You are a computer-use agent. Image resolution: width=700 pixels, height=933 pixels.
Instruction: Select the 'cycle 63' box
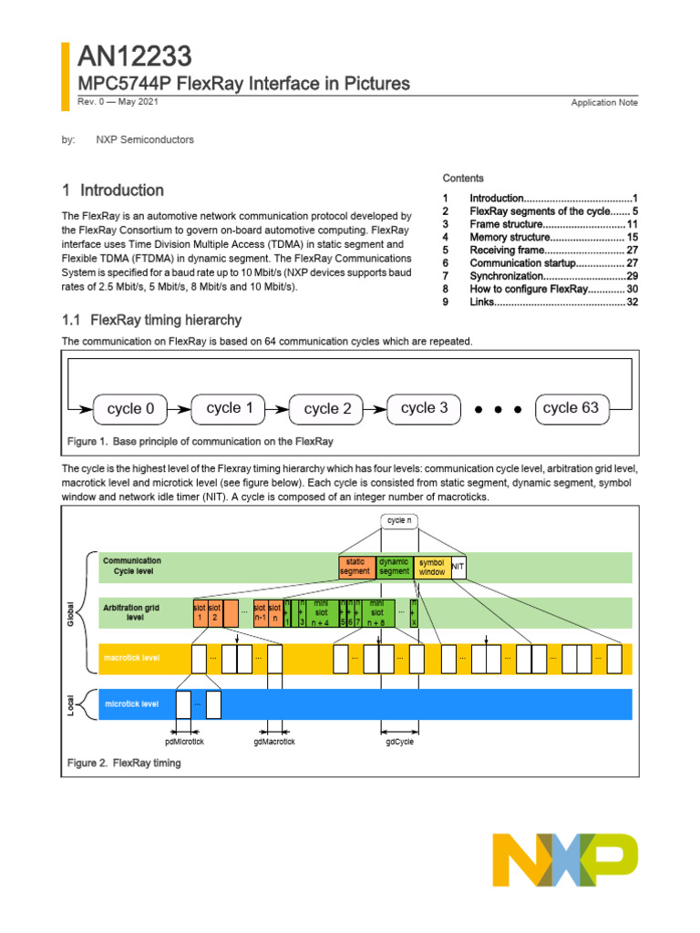coord(571,408)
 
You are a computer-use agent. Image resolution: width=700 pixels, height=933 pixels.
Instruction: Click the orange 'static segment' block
coord(355,567)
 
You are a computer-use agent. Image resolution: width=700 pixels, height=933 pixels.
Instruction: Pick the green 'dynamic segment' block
coord(395,567)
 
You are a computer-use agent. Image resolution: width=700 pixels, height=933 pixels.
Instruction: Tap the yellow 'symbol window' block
coord(432,567)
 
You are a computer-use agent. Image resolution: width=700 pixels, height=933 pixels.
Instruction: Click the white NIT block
coord(458,567)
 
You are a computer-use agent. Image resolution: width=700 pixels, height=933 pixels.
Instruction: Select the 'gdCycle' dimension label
coord(399,742)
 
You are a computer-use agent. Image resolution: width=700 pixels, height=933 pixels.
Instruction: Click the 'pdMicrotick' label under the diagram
coord(185,742)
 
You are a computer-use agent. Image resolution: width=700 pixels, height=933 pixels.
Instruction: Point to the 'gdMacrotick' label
coord(274,742)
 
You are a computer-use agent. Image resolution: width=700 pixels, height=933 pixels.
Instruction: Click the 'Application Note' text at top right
coord(604,103)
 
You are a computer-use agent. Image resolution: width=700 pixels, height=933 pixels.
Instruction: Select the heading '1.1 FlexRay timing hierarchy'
coord(151,320)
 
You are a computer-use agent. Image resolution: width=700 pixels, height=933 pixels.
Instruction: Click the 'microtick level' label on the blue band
coord(131,703)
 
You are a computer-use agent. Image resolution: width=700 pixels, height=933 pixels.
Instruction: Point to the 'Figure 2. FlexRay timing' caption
coord(124,763)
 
